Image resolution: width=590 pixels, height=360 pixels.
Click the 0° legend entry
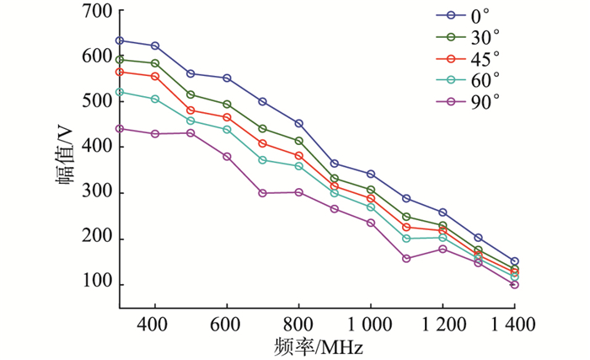pyautogui.click(x=469, y=15)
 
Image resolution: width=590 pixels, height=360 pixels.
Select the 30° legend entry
pyautogui.click(x=469, y=36)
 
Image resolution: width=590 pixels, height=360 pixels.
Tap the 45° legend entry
pyautogui.click(x=469, y=58)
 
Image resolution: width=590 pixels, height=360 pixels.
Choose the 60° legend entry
pyautogui.click(x=469, y=79)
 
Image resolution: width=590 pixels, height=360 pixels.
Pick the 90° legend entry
pyautogui.click(x=469, y=101)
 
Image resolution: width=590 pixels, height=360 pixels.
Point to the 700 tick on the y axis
pyautogui.click(x=98, y=11)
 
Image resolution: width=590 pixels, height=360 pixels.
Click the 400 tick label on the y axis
pyautogui.click(x=98, y=148)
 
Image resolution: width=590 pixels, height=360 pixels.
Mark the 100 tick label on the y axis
pyautogui.click(x=98, y=284)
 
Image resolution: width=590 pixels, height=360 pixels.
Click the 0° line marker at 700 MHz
pyautogui.click(x=263, y=101)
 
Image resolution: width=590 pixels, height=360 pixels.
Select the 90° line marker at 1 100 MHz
pyautogui.click(x=406, y=258)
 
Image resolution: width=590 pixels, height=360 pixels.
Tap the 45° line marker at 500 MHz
pyautogui.click(x=191, y=110)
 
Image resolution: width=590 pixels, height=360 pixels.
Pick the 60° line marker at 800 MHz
pyautogui.click(x=299, y=166)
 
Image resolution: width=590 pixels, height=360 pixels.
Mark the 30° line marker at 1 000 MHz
pyautogui.click(x=370, y=190)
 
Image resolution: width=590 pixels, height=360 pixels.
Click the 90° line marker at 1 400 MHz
pyautogui.click(x=514, y=285)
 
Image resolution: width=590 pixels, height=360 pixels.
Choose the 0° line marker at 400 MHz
pyautogui.click(x=155, y=46)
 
